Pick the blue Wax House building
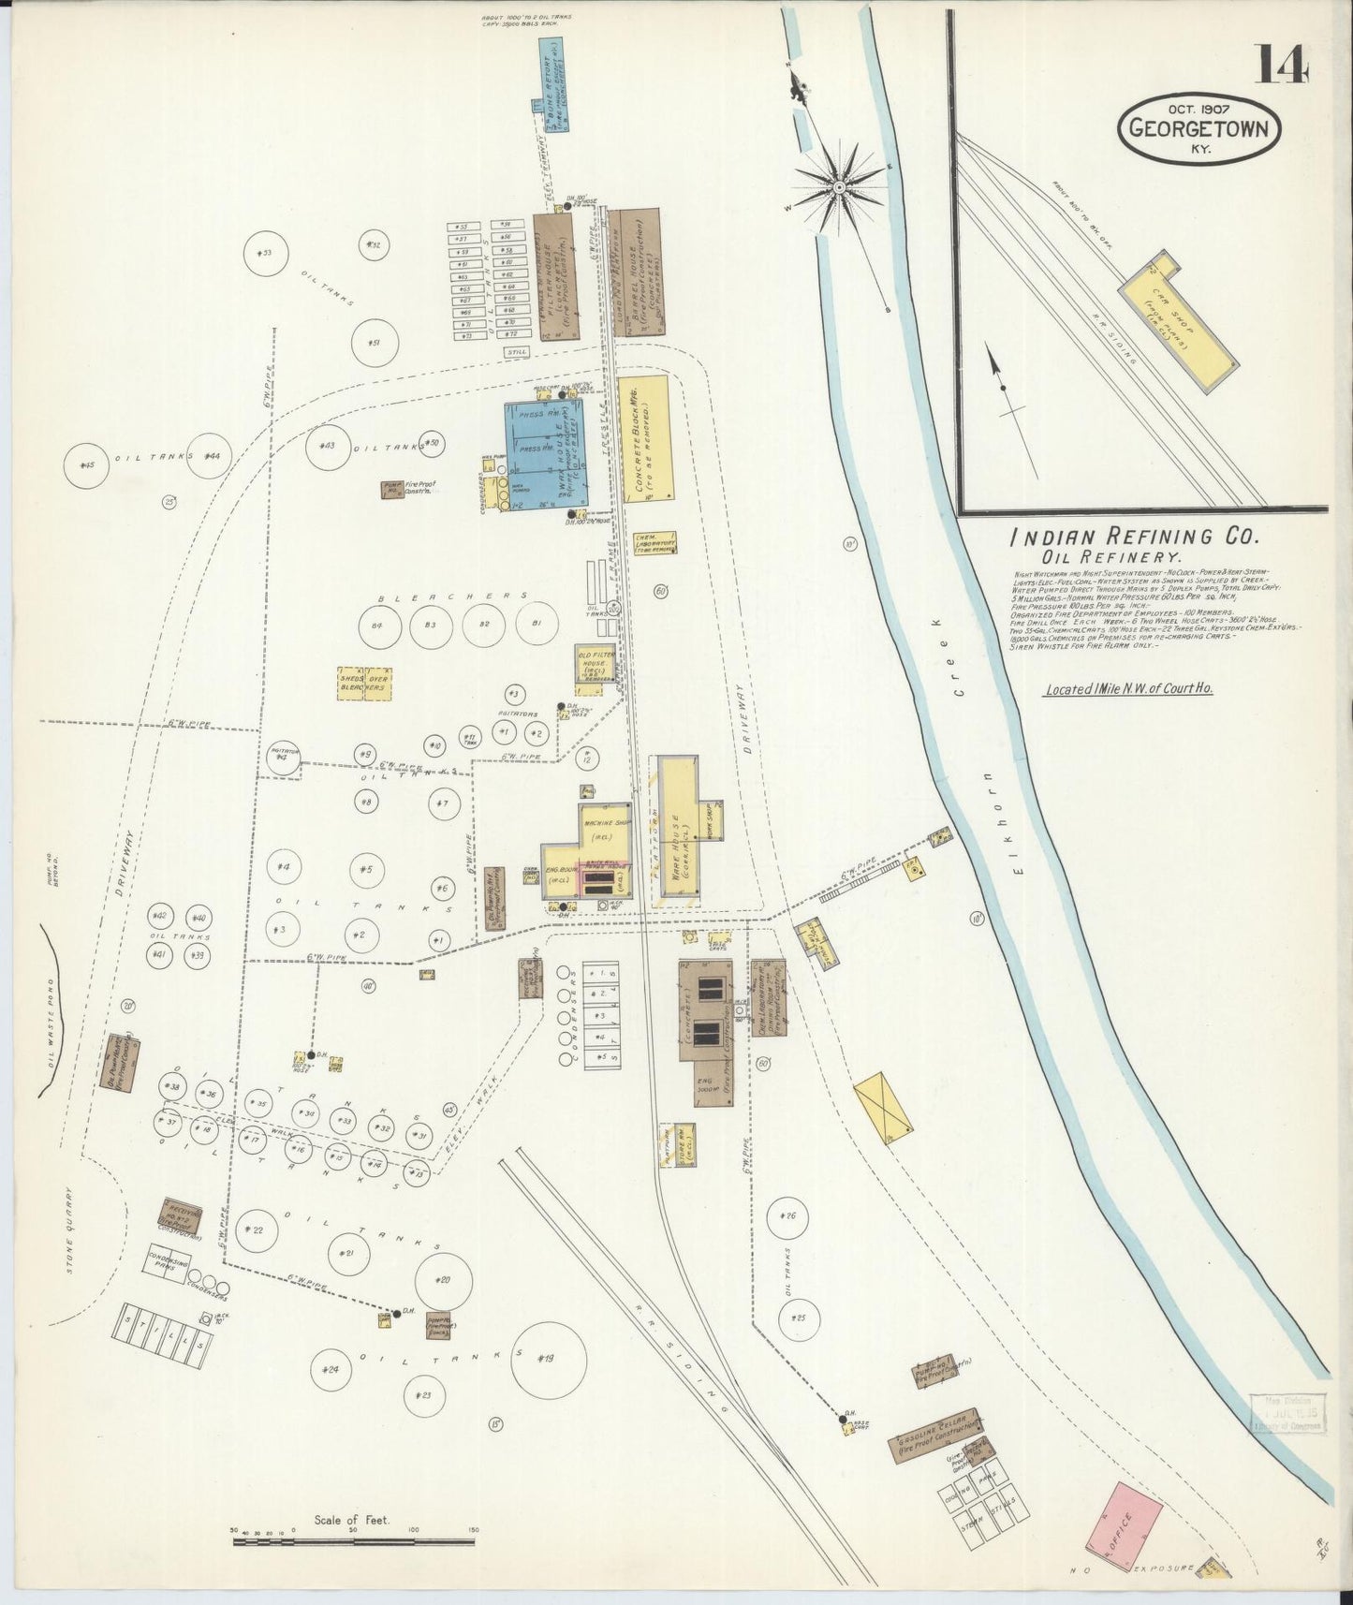(547, 449)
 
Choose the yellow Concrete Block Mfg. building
(645, 437)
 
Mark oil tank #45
(88, 465)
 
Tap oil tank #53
(265, 252)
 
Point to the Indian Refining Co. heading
(1134, 538)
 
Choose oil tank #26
(787, 1217)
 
